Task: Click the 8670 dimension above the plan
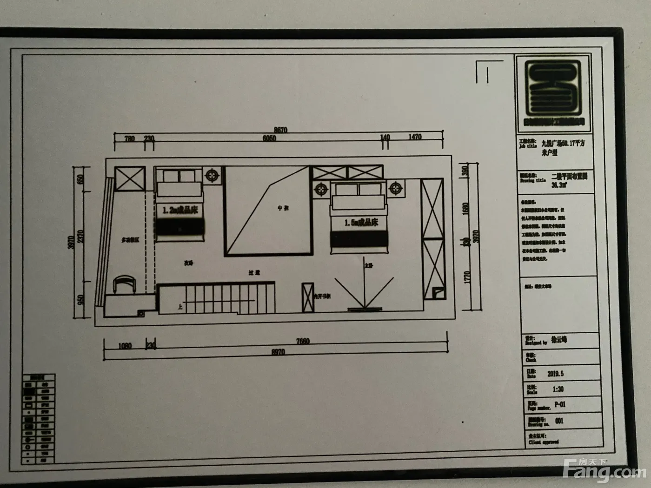click(x=280, y=130)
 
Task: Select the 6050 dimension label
click(x=269, y=138)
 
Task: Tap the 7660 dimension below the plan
click(x=302, y=341)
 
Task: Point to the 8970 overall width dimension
click(x=278, y=352)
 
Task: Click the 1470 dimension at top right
click(x=415, y=137)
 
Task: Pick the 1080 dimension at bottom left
click(x=125, y=346)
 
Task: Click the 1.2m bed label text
click(x=180, y=210)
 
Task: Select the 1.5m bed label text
click(x=361, y=223)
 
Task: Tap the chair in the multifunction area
click(x=124, y=284)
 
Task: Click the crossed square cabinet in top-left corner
click(x=130, y=178)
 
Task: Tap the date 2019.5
click(x=555, y=374)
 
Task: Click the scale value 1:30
click(x=558, y=389)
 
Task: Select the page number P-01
click(x=560, y=405)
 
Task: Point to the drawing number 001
click(x=559, y=421)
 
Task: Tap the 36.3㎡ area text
click(x=558, y=185)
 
